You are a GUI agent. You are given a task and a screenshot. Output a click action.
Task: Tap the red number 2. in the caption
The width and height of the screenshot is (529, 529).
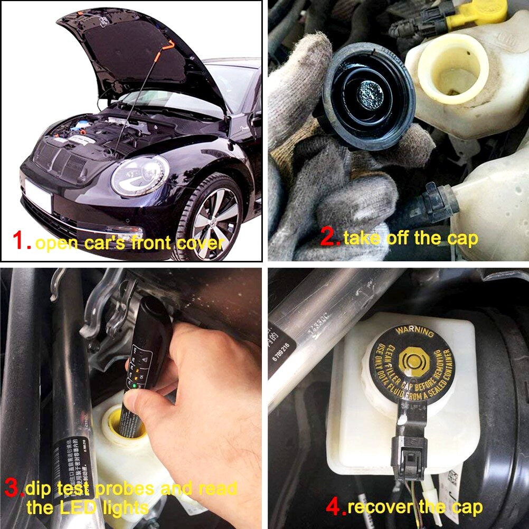click(330, 237)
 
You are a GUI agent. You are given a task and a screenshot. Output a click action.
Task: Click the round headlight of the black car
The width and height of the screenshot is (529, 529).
click(140, 176)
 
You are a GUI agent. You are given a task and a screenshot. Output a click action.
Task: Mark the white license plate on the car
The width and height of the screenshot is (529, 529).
click(39, 196)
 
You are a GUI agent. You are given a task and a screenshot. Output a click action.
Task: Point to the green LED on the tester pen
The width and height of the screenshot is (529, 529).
click(136, 386)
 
